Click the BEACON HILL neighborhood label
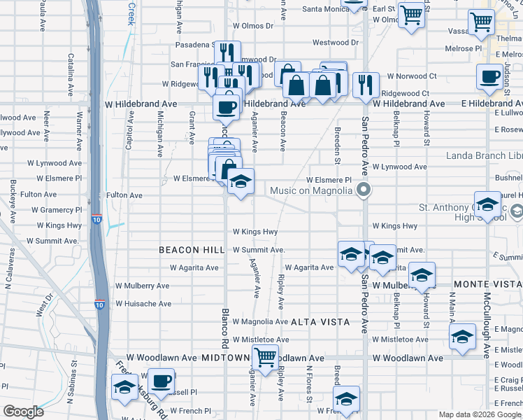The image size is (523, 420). click(x=191, y=250)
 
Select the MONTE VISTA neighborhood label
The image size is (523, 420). click(x=487, y=284)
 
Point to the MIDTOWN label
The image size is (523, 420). click(x=226, y=358)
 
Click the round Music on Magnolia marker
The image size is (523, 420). click(x=363, y=190)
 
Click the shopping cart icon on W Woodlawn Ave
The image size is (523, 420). click(x=265, y=358)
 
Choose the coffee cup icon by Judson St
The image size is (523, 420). click(x=489, y=76)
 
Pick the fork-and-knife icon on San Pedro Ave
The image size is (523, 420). click(x=366, y=85)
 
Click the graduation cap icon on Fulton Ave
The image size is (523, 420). click(x=241, y=182)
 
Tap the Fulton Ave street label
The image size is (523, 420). click(x=124, y=195)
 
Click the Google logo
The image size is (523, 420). click(x=23, y=412)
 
